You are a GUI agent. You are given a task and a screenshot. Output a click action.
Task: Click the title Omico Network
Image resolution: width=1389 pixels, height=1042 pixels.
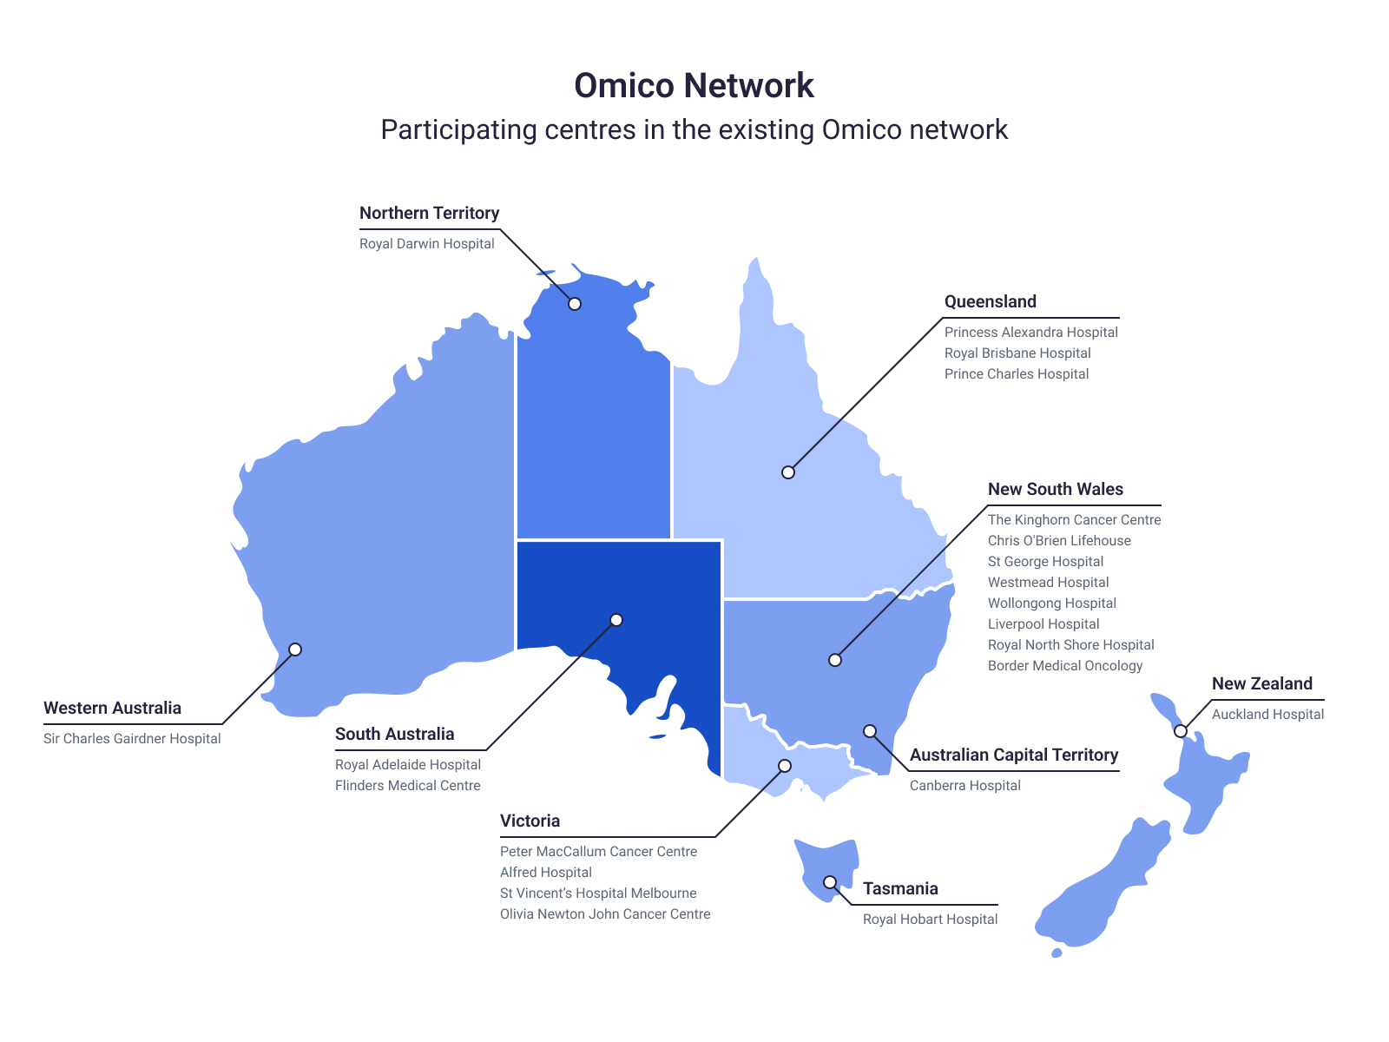(694, 85)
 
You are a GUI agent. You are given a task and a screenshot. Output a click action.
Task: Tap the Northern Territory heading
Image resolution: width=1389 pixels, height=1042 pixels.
(429, 213)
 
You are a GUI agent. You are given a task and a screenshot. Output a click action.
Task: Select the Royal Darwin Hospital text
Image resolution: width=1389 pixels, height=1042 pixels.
(426, 244)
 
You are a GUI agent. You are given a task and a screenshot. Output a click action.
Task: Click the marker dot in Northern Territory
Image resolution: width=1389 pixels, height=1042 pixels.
(575, 304)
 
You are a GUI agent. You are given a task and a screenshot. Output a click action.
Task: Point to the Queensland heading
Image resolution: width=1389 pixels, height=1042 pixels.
(990, 301)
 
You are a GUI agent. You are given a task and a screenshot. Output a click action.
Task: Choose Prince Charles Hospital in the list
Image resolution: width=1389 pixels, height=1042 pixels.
(1016, 374)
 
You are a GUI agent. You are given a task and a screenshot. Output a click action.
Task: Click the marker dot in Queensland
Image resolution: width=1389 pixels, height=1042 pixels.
(788, 472)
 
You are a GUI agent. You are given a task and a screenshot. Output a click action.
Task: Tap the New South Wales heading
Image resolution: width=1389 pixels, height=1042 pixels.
(1055, 489)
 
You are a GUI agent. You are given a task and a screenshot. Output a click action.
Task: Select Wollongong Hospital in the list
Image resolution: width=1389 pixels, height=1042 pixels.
(1051, 603)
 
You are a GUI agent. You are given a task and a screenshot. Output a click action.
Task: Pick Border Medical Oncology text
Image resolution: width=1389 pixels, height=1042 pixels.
(1064, 666)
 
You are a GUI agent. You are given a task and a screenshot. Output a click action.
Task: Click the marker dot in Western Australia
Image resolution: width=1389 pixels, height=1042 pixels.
(295, 650)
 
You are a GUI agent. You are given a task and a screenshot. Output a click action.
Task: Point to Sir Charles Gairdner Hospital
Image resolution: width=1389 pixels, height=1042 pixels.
(132, 739)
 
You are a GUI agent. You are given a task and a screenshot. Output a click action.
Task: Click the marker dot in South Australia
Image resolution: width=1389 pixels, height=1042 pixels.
(616, 620)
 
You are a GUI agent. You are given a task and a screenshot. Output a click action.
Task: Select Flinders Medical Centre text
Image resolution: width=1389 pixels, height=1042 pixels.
(407, 786)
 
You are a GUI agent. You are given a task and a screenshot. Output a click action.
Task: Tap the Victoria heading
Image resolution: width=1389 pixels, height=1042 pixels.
(530, 821)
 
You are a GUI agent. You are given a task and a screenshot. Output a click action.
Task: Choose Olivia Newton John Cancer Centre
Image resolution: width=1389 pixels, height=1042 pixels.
(604, 914)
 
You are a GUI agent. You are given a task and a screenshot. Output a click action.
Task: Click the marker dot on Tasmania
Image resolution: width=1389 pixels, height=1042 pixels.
(830, 882)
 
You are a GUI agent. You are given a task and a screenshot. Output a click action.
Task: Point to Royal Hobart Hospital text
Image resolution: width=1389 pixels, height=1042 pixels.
(930, 920)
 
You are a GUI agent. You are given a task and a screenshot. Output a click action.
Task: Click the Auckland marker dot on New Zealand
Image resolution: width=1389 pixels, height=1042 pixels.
(1181, 731)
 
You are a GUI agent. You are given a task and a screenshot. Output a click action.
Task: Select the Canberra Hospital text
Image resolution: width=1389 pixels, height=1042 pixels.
(964, 786)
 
